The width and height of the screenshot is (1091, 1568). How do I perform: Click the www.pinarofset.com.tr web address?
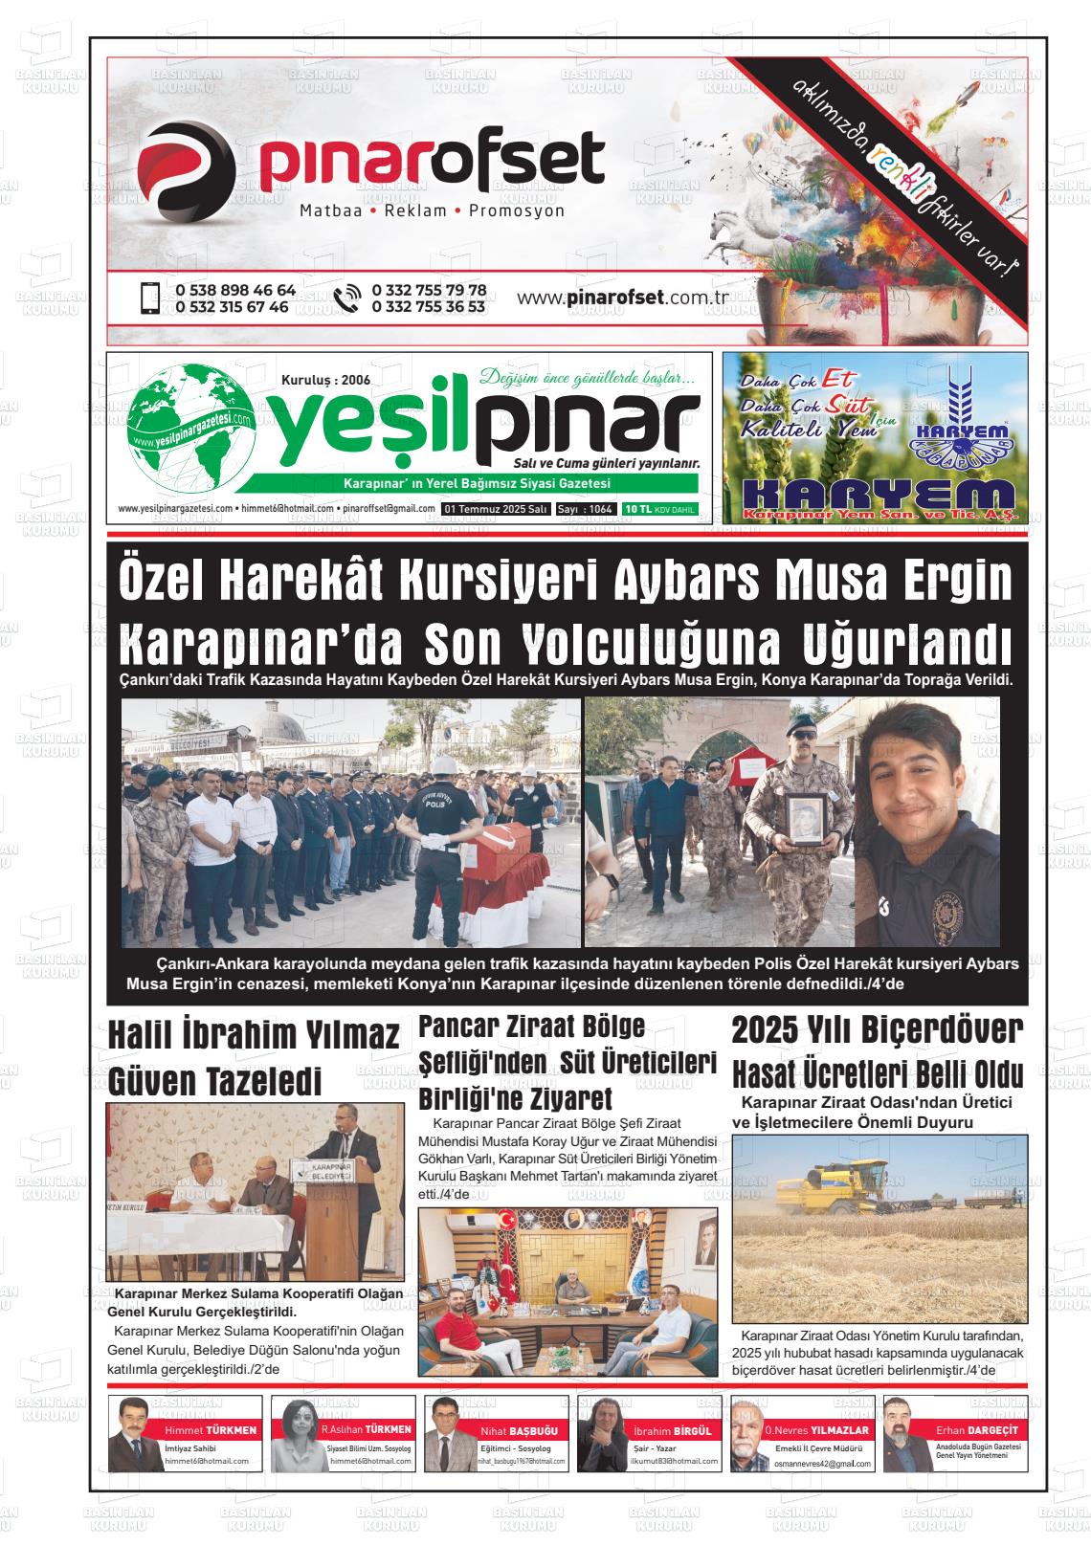point(623,298)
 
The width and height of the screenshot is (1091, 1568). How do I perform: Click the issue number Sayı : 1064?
point(586,509)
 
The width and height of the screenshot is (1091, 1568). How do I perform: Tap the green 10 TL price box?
point(659,509)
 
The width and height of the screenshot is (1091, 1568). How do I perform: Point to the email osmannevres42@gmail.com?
point(822,1465)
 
